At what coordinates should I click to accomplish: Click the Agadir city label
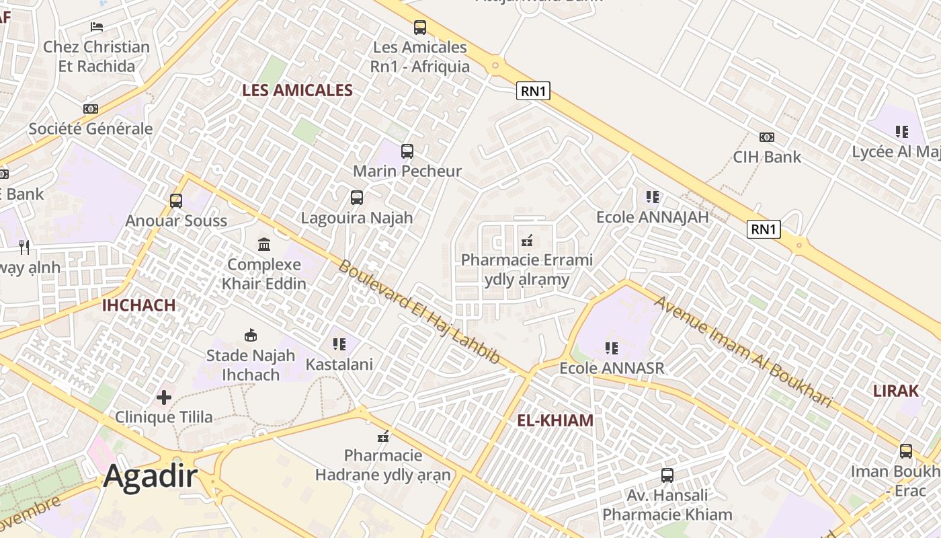[x=151, y=477]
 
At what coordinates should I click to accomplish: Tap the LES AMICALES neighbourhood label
[x=297, y=90]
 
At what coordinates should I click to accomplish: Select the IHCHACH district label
[x=138, y=305]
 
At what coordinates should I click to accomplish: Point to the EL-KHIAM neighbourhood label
[x=555, y=420]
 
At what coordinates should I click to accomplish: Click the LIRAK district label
[x=895, y=391]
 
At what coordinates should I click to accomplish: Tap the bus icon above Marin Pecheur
[x=407, y=151]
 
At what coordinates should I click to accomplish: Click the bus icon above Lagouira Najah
[x=357, y=198]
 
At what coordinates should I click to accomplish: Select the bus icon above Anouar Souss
[x=176, y=200]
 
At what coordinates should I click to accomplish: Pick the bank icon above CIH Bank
[x=767, y=137]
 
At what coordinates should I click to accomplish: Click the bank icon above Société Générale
[x=91, y=109]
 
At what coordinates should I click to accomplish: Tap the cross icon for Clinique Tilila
[x=164, y=397]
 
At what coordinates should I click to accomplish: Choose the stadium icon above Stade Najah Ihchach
[x=251, y=335]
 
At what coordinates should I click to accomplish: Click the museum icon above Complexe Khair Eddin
[x=264, y=244]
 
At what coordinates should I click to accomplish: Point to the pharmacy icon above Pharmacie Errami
[x=527, y=240]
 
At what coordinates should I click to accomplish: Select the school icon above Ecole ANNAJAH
[x=653, y=197]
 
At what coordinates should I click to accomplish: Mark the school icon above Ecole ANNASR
[x=612, y=348]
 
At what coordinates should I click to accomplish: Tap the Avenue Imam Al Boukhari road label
[x=743, y=351]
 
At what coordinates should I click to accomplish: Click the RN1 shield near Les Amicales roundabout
[x=533, y=91]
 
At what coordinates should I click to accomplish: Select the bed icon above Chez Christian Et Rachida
[x=96, y=27]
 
